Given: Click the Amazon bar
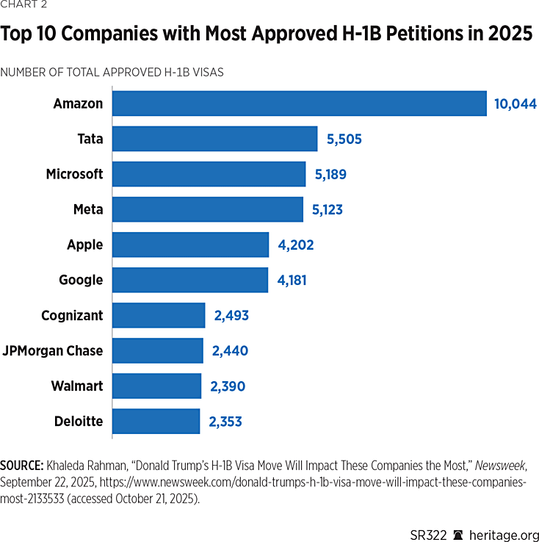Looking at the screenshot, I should pos(299,104).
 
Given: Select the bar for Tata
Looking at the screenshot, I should pos(214,139).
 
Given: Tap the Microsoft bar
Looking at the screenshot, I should pos(209,174).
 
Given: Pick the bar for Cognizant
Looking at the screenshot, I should pos(159,316).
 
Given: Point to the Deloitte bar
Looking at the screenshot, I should pos(156,422).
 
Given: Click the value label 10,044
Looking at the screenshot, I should pos(515,104).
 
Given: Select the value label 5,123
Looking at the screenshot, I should pos(327,210).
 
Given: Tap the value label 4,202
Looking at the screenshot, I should pos(295,245).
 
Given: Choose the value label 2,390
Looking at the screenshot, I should pos(227,386).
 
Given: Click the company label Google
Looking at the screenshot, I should pos(81,281).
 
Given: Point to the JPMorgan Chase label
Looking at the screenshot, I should pos(53,351).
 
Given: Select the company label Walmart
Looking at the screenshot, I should pos(77,386).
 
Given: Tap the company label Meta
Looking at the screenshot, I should pos(88,210).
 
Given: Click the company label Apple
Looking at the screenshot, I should pos(85,245).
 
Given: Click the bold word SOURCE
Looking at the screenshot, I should pos(22,466).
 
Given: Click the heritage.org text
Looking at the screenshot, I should pos(504,534).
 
